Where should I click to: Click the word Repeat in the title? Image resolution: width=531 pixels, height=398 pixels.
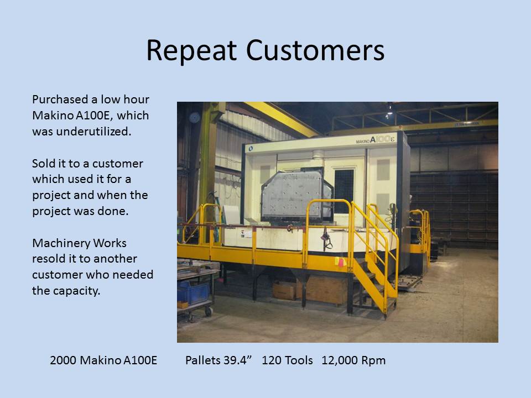coord(191,51)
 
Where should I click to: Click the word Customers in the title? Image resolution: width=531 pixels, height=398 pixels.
coord(315,50)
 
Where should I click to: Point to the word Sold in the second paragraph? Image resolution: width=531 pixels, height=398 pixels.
coord(43,164)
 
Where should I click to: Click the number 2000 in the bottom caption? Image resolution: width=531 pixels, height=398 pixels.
coord(63,360)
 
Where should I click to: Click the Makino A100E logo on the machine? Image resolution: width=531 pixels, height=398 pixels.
coord(375,140)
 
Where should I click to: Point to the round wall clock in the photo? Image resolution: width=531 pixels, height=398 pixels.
coord(194,117)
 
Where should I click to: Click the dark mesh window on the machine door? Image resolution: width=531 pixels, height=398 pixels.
coord(343,192)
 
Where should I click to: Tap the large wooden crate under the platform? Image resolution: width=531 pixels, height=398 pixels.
coord(326,289)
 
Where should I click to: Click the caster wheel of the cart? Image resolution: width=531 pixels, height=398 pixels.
coord(209,311)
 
